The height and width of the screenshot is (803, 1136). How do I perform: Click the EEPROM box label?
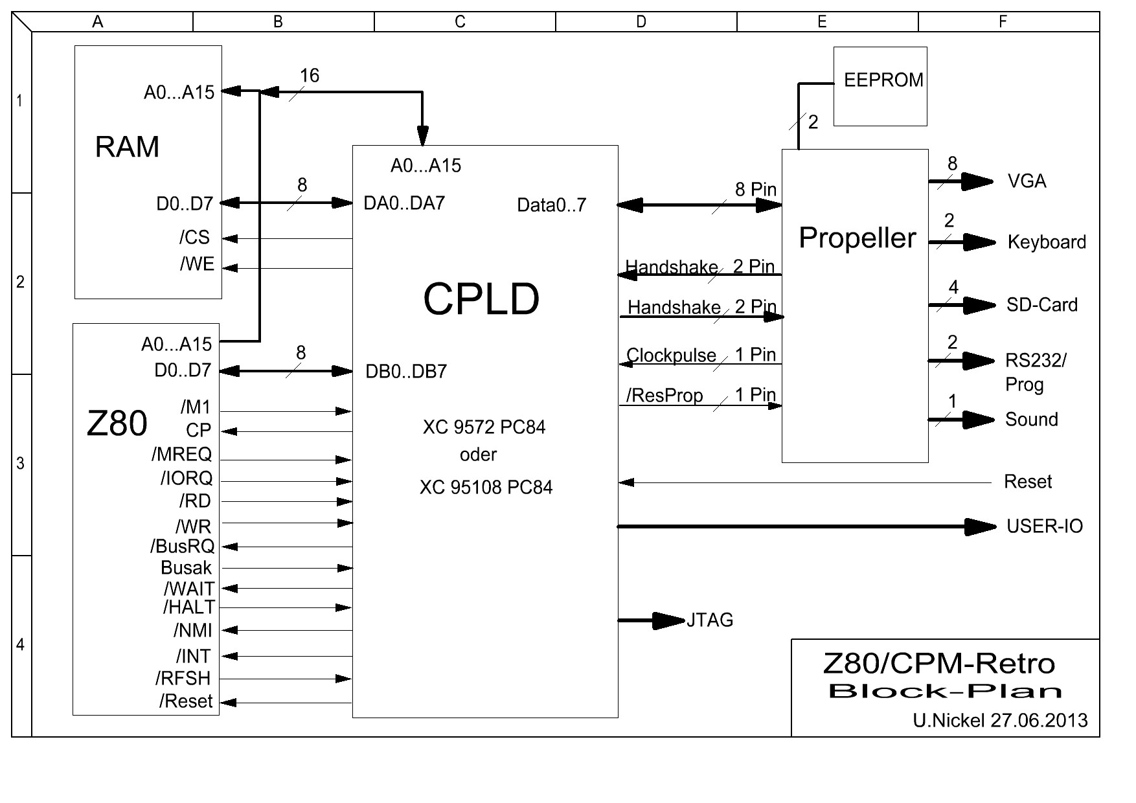point(883,80)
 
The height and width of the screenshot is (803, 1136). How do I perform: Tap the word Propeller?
point(857,238)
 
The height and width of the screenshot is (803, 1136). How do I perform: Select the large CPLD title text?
point(481,299)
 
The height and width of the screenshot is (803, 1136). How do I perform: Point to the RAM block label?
point(127,147)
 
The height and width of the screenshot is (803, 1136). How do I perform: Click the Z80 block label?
point(117,424)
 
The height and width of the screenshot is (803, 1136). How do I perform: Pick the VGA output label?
point(1027,181)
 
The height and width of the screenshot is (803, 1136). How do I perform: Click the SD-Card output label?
point(1041,305)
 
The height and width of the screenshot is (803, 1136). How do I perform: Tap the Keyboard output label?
point(1047,242)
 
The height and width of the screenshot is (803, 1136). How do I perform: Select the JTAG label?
point(710,620)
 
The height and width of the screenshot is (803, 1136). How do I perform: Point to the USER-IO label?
point(1044,526)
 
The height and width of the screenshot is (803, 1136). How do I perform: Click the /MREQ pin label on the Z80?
point(182,454)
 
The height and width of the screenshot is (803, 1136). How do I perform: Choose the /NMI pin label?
point(193,630)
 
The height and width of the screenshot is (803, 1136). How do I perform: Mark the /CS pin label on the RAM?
point(195,238)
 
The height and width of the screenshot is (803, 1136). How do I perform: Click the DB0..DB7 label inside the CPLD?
point(406,372)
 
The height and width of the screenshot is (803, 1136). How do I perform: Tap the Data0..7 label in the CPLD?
point(551,205)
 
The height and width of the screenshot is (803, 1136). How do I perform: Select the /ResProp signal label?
point(664,395)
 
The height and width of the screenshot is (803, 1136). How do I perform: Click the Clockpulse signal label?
point(671,356)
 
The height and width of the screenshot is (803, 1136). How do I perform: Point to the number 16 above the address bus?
point(309,76)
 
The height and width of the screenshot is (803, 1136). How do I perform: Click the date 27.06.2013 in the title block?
point(1039,721)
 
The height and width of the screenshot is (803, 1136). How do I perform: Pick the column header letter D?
point(641,22)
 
